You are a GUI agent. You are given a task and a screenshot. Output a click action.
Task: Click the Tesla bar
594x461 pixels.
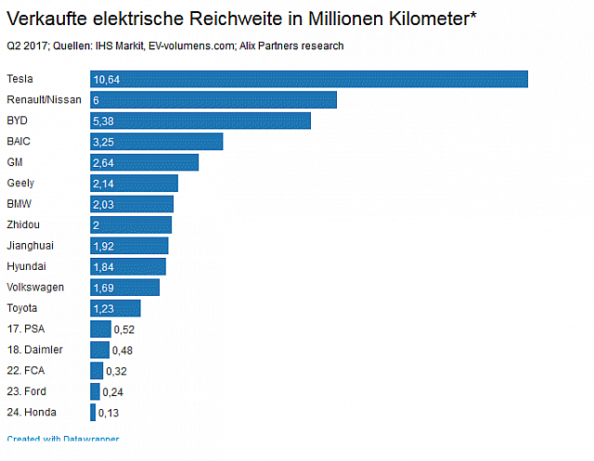coord(309,80)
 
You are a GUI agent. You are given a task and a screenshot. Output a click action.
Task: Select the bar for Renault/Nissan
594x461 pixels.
coord(213,100)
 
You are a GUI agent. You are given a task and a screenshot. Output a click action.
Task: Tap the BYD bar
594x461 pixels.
coord(200,121)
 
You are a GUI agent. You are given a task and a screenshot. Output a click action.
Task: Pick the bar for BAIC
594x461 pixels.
coord(157,141)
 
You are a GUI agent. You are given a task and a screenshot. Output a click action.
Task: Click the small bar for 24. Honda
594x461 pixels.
coord(93,412)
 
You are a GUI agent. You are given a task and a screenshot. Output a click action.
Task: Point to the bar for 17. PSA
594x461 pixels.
coord(100,328)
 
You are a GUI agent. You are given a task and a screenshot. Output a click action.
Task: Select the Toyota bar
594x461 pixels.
coord(115,308)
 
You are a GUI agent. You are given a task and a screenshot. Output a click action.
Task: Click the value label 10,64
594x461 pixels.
coord(107,80)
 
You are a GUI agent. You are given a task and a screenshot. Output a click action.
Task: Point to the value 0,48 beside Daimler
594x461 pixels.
coord(122,350)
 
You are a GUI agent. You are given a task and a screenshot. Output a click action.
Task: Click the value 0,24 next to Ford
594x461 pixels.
coord(112,391)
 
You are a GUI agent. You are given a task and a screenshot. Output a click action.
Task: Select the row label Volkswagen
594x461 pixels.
coord(35,288)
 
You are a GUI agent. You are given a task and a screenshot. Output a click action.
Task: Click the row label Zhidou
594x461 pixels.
coord(23,224)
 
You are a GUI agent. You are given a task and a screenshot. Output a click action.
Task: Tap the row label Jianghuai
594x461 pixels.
coord(31,246)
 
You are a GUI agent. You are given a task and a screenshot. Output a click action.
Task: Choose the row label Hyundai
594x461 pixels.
coord(27,266)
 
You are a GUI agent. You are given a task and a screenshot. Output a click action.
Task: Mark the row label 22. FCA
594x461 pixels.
coord(25,370)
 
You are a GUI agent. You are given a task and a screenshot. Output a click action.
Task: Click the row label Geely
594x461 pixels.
coord(20,183)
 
